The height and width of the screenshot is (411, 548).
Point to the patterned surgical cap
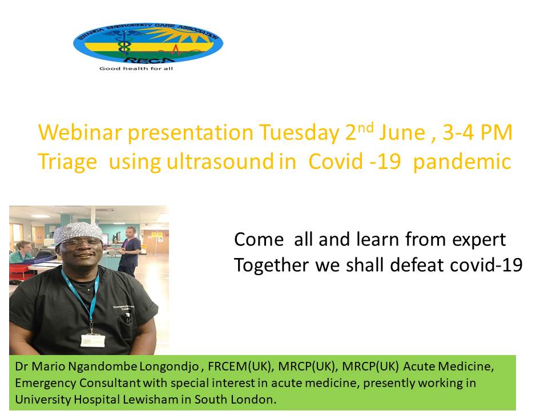[x=79, y=233]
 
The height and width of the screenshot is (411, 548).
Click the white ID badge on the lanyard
[x=92, y=340]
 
